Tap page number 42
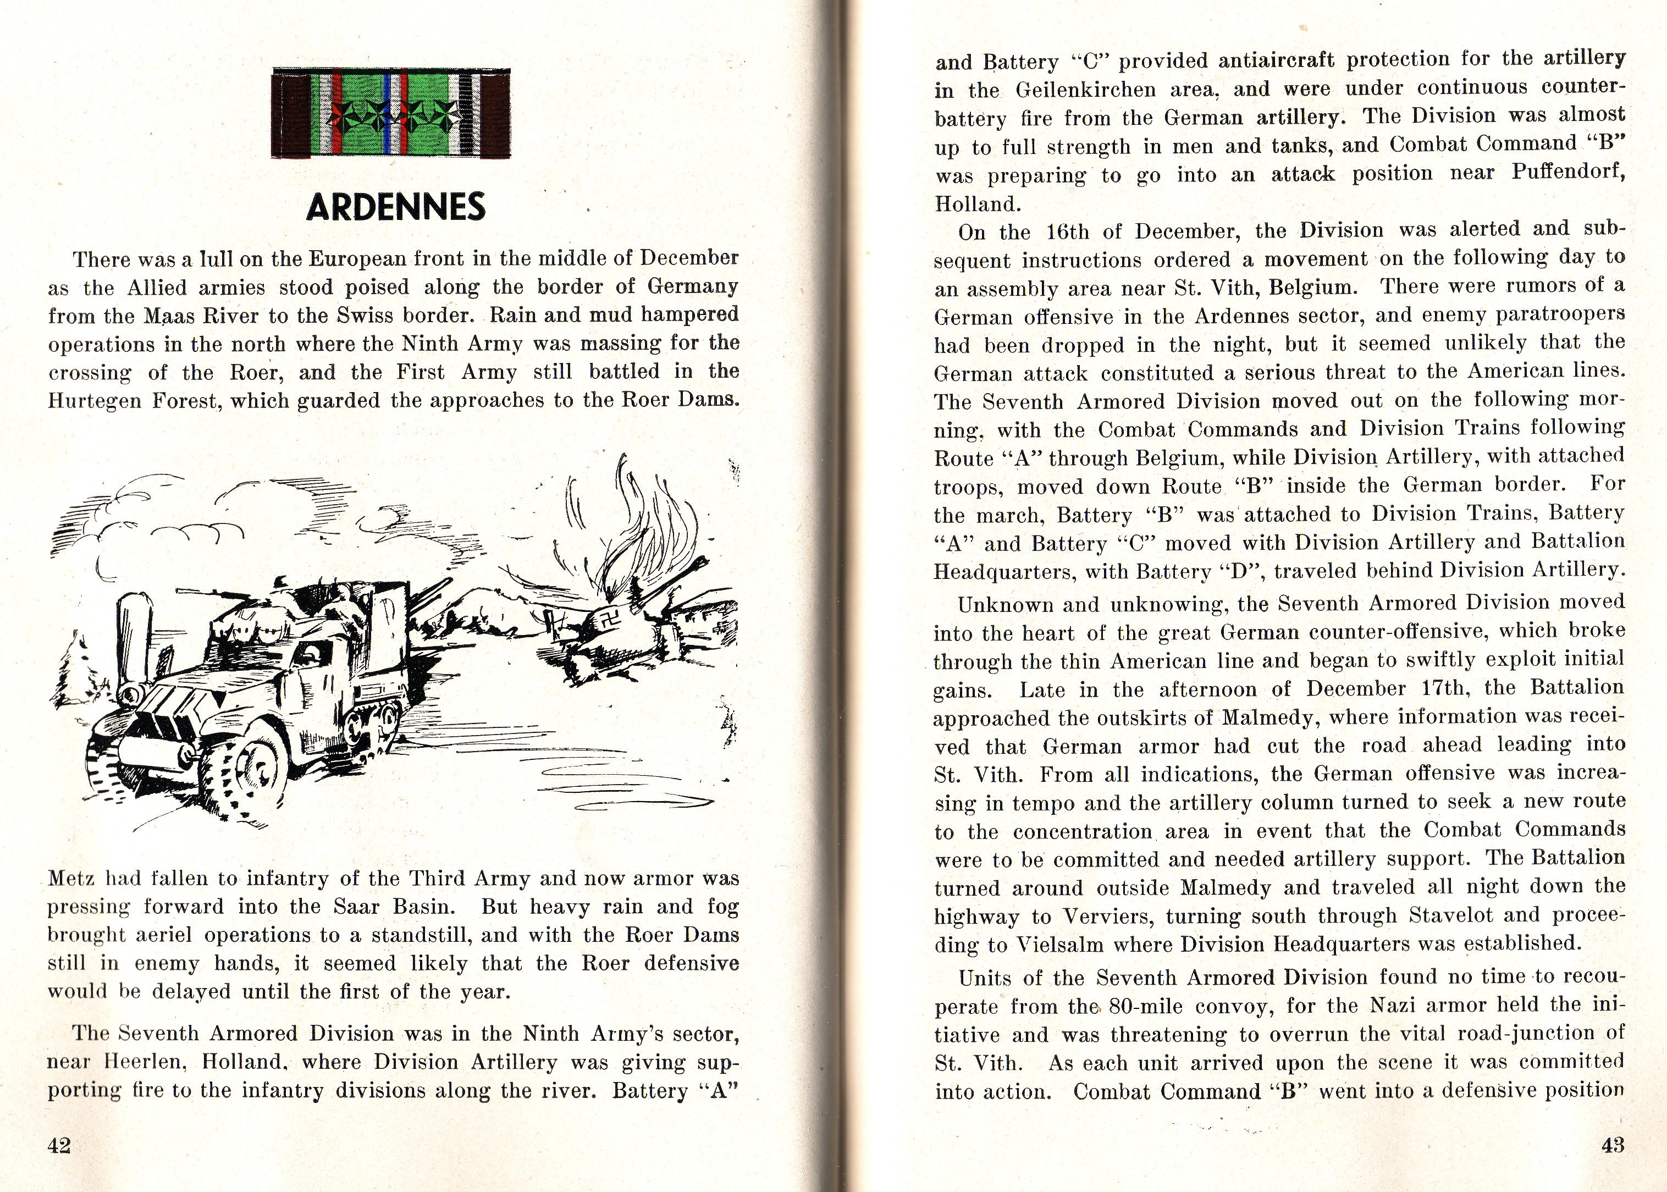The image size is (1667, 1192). [x=59, y=1145]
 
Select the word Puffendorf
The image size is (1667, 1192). [x=1568, y=173]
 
